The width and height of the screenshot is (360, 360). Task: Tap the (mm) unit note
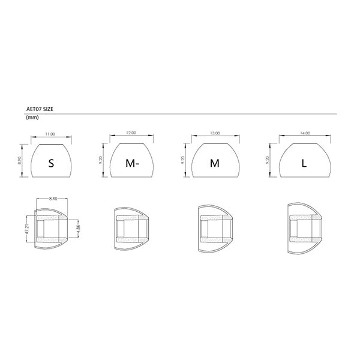[32, 118]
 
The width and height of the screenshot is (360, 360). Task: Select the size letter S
[51, 163]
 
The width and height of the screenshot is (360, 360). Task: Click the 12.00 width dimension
[131, 133]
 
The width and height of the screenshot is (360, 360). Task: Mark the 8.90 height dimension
[20, 160]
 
